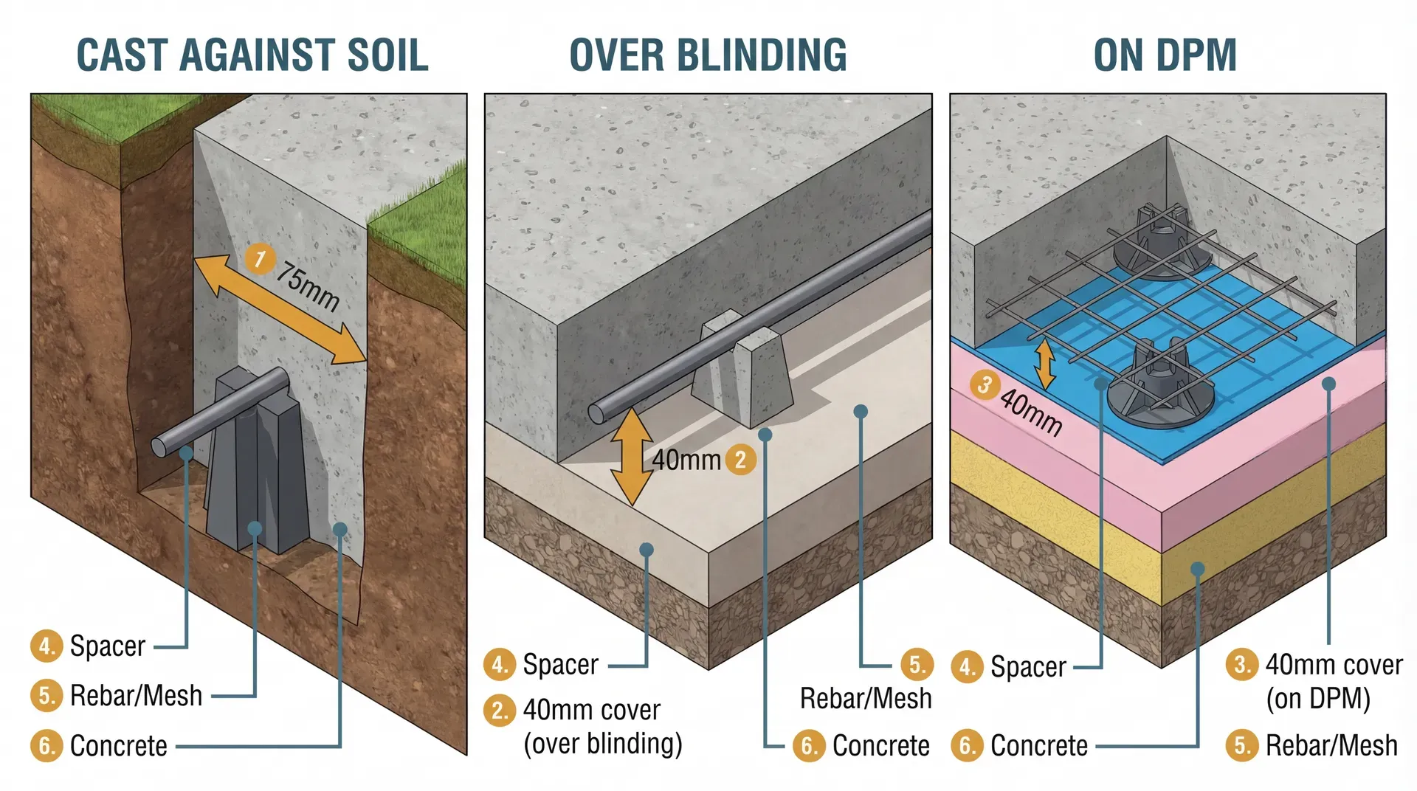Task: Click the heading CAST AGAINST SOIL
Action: [252, 55]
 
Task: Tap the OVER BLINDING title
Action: [708, 55]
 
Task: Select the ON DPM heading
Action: [1165, 55]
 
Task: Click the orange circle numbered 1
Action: [259, 259]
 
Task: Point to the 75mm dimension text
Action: [308, 287]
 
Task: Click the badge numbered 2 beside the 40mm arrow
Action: [740, 459]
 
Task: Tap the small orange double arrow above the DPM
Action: [1044, 363]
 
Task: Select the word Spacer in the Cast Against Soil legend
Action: [108, 646]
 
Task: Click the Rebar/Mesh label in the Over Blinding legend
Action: [866, 698]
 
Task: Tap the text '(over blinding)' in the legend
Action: [602, 744]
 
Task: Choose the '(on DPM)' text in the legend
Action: [1318, 698]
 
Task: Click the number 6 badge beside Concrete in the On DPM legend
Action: [966, 746]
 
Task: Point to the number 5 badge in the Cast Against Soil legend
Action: [46, 696]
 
